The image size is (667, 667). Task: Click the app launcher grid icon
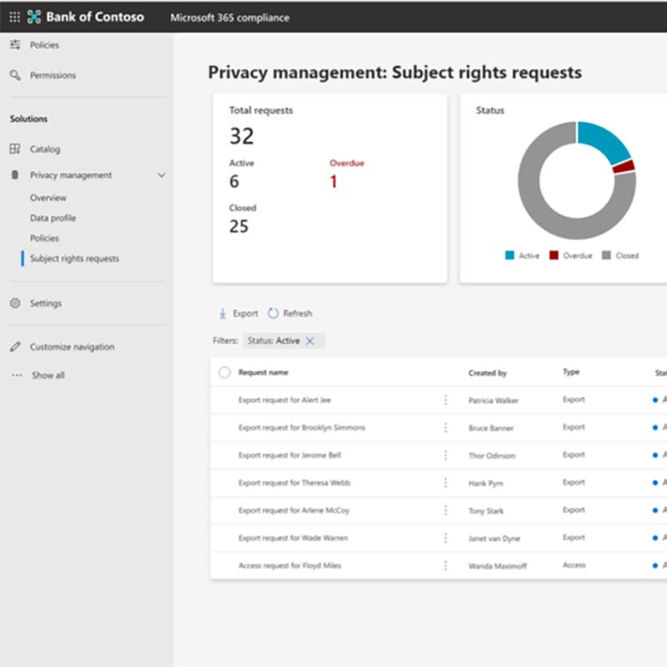pyautogui.click(x=14, y=17)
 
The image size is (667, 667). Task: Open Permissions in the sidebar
pyautogui.click(x=53, y=75)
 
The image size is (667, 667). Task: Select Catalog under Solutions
pyautogui.click(x=45, y=149)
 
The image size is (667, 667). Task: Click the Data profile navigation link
pyautogui.click(x=53, y=218)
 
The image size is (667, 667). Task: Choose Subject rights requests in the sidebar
pyautogui.click(x=74, y=258)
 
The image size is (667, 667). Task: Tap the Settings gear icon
pyautogui.click(x=15, y=303)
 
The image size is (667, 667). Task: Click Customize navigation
pyautogui.click(x=72, y=347)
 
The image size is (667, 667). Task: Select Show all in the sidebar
pyautogui.click(x=48, y=375)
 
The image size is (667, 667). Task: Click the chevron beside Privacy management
pyautogui.click(x=162, y=175)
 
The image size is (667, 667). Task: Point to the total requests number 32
pyautogui.click(x=242, y=136)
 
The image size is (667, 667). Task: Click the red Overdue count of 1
pyautogui.click(x=333, y=182)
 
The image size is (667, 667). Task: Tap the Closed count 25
pyautogui.click(x=238, y=226)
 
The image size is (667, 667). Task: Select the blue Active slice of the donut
pyautogui.click(x=603, y=141)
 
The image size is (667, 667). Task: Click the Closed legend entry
pyautogui.click(x=621, y=256)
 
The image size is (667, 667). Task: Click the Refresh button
pyautogui.click(x=290, y=313)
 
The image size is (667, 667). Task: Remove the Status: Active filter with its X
pyautogui.click(x=310, y=341)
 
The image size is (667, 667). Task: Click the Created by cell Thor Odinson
pyautogui.click(x=492, y=456)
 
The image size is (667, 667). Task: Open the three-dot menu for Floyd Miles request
pyautogui.click(x=445, y=565)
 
